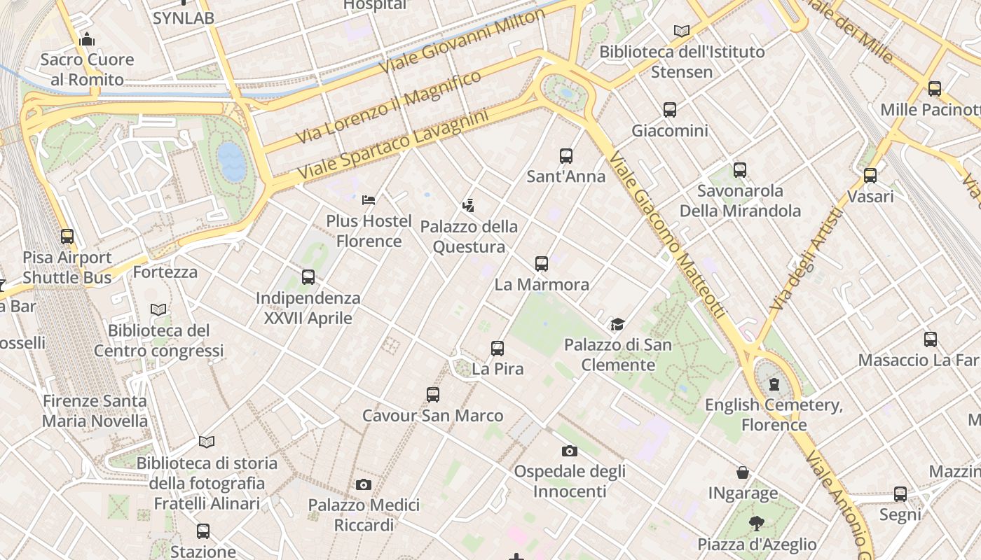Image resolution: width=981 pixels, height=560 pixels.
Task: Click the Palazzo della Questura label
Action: pyautogui.click(x=469, y=237)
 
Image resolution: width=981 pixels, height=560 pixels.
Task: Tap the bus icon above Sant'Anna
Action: pyautogui.click(x=566, y=156)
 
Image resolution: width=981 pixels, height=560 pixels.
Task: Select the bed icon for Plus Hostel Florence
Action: pyautogui.click(x=369, y=200)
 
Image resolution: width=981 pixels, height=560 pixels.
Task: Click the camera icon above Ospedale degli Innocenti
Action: pyautogui.click(x=570, y=451)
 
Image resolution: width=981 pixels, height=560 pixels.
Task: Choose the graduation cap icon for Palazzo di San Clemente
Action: pyautogui.click(x=617, y=324)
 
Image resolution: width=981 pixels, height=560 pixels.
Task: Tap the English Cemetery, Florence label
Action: pyautogui.click(x=774, y=414)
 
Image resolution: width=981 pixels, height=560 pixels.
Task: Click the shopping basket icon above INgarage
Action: pyautogui.click(x=743, y=473)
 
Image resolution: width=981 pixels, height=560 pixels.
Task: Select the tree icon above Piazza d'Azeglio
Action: pyautogui.click(x=756, y=523)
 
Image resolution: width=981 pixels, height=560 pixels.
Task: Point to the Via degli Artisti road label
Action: pyautogui.click(x=806, y=260)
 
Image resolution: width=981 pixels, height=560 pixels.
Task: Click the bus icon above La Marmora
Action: pyautogui.click(x=542, y=264)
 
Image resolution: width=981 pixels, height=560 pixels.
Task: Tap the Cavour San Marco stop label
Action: pyautogui.click(x=432, y=416)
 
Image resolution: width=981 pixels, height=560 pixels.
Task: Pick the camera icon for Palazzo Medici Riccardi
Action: pyautogui.click(x=363, y=484)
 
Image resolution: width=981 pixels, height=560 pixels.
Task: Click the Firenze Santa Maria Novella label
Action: pyautogui.click(x=95, y=411)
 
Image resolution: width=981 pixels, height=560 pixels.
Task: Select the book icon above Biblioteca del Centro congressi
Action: pyautogui.click(x=159, y=309)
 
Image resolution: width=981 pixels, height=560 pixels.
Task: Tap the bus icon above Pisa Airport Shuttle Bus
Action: pyautogui.click(x=67, y=237)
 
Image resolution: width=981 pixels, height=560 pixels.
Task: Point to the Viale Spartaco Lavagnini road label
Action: pyautogui.click(x=392, y=144)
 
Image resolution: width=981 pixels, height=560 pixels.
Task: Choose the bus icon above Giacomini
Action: pyautogui.click(x=670, y=110)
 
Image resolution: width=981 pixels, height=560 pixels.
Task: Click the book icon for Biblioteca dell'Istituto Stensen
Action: pyautogui.click(x=682, y=31)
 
